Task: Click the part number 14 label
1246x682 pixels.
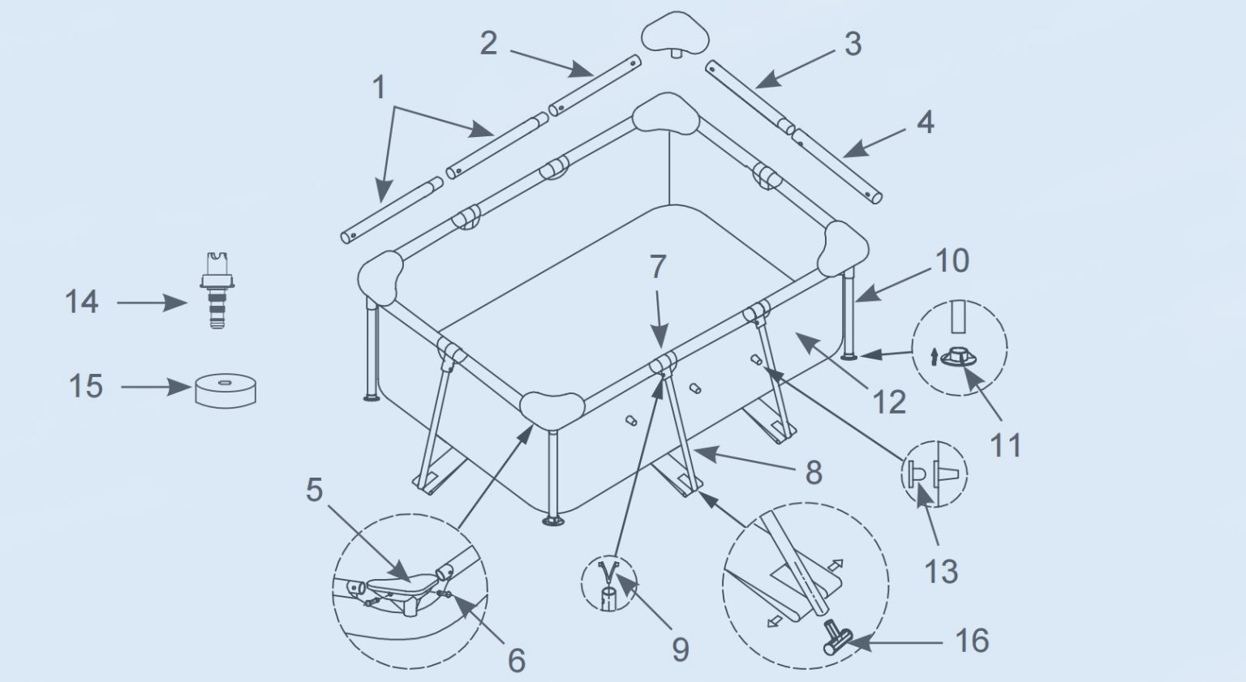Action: pos(82,302)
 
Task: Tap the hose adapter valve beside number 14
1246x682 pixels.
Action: pos(217,291)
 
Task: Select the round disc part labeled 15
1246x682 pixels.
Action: pos(226,391)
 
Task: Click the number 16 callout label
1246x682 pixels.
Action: pos(973,641)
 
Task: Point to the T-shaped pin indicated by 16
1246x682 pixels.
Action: pos(836,637)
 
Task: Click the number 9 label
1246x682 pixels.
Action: pos(681,650)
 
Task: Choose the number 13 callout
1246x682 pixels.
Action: pos(941,572)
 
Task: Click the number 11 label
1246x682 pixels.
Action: pos(1006,445)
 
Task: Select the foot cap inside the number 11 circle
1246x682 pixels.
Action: pos(959,357)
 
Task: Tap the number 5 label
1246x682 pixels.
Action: pos(314,490)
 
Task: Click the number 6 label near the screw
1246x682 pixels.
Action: pos(517,660)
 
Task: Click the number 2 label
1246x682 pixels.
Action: pos(488,44)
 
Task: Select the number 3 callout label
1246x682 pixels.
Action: pos(853,44)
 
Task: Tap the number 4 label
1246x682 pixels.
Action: pos(925,122)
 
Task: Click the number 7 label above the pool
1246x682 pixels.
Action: pos(658,267)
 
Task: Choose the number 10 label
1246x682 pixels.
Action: pos(952,260)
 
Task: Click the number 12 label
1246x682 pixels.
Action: pos(889,402)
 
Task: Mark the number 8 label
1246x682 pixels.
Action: pos(814,473)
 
